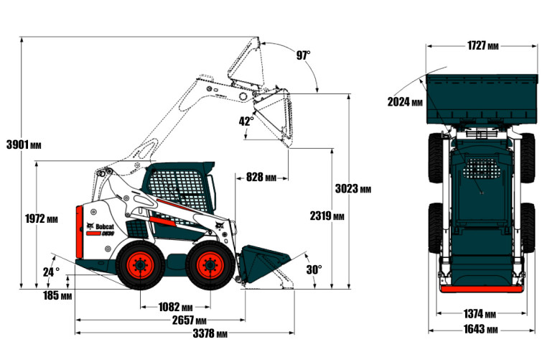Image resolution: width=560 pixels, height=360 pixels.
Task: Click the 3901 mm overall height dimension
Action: [x=24, y=144]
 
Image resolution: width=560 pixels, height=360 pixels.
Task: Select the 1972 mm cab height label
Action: [x=41, y=218]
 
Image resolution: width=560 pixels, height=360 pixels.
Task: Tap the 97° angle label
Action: [x=303, y=55]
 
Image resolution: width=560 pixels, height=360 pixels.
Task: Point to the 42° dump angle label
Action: [x=246, y=121]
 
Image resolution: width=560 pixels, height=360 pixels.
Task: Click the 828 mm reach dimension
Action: [x=261, y=177]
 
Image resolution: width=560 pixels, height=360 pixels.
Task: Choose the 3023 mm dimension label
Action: [x=353, y=188]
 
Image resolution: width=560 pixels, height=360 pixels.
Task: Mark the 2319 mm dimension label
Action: [x=327, y=216]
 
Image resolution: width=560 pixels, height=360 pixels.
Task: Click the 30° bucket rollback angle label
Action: [x=314, y=269]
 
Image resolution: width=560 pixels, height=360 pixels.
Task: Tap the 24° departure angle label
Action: [x=51, y=272]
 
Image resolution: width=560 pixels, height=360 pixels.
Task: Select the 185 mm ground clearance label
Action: [x=57, y=295]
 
